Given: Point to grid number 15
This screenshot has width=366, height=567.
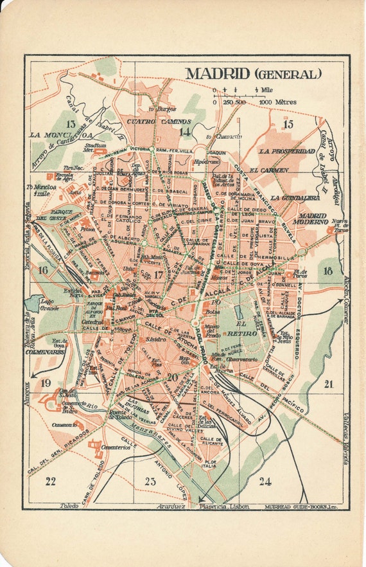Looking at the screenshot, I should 288,124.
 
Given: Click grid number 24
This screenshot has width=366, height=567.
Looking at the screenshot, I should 265,481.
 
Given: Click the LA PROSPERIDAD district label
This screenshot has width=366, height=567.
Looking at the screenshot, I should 287,151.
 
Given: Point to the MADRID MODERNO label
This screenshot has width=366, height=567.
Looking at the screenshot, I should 309,218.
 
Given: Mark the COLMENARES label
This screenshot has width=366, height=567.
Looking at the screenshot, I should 45,352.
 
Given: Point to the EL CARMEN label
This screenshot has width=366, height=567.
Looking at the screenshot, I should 270,170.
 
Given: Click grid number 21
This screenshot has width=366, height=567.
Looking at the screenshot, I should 329,384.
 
